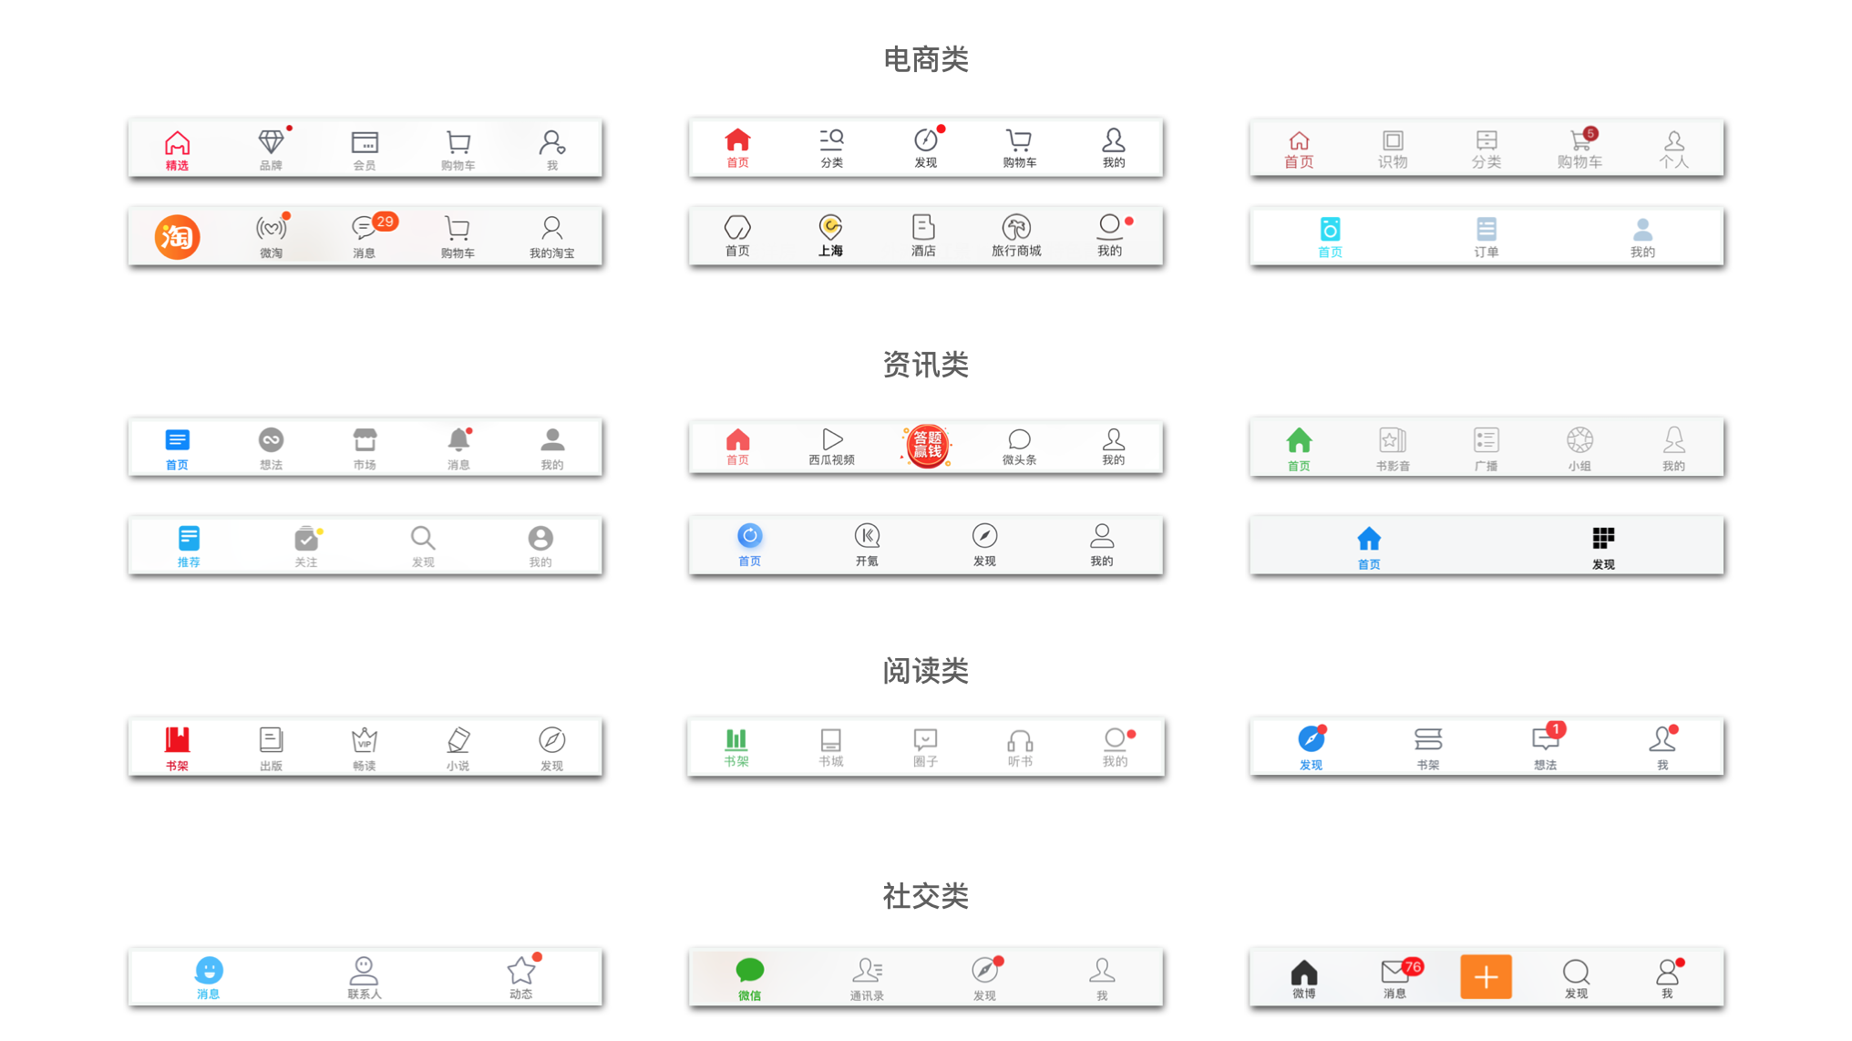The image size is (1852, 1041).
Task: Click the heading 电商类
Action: (925, 59)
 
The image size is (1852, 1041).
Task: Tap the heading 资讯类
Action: (925, 365)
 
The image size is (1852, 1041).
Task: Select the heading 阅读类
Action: (925, 671)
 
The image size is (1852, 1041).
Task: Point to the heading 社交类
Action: (925, 896)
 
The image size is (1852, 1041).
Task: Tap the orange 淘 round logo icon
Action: (177, 237)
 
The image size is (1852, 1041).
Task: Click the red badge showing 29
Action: (386, 222)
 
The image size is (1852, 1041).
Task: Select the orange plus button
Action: (1486, 976)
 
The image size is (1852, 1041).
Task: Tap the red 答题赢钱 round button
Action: (927, 446)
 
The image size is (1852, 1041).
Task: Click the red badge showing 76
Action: (1413, 966)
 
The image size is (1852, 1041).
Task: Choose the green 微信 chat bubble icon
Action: (749, 970)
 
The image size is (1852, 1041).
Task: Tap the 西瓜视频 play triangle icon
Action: (832, 439)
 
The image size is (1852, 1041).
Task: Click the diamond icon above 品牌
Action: (271, 141)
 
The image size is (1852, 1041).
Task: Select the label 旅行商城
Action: (1016, 251)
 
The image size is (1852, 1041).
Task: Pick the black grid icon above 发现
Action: (1603, 538)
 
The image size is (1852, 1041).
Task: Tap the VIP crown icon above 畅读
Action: (365, 739)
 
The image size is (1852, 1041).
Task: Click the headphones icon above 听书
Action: (1020, 739)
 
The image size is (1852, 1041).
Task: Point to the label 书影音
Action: (1393, 466)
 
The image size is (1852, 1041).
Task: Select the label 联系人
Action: (364, 994)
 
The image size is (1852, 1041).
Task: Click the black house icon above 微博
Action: (1304, 972)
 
